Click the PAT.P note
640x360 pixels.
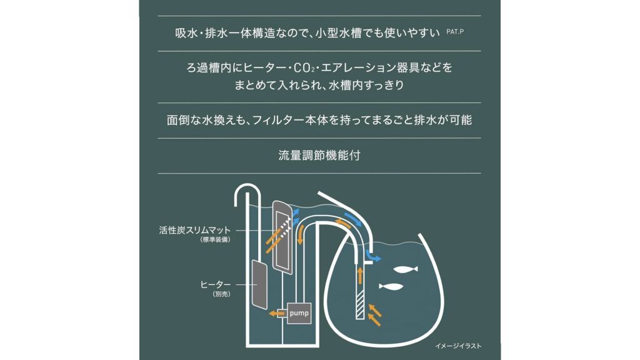point(455,31)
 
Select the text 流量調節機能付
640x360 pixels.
point(319,156)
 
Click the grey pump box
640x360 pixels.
point(299,314)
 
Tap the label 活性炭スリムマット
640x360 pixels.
point(195,230)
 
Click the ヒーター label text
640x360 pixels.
point(215,284)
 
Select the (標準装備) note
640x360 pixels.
point(216,240)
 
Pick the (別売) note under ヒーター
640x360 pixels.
point(221,294)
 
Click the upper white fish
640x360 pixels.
point(405,269)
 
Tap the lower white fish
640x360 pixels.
point(391,286)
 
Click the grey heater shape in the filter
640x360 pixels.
point(259,284)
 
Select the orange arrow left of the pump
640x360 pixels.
point(277,314)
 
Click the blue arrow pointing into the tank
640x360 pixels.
point(372,256)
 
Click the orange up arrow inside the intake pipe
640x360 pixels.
point(360,276)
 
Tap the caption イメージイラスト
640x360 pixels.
point(458,346)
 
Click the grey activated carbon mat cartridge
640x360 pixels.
point(282,237)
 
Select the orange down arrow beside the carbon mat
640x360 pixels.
point(301,235)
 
